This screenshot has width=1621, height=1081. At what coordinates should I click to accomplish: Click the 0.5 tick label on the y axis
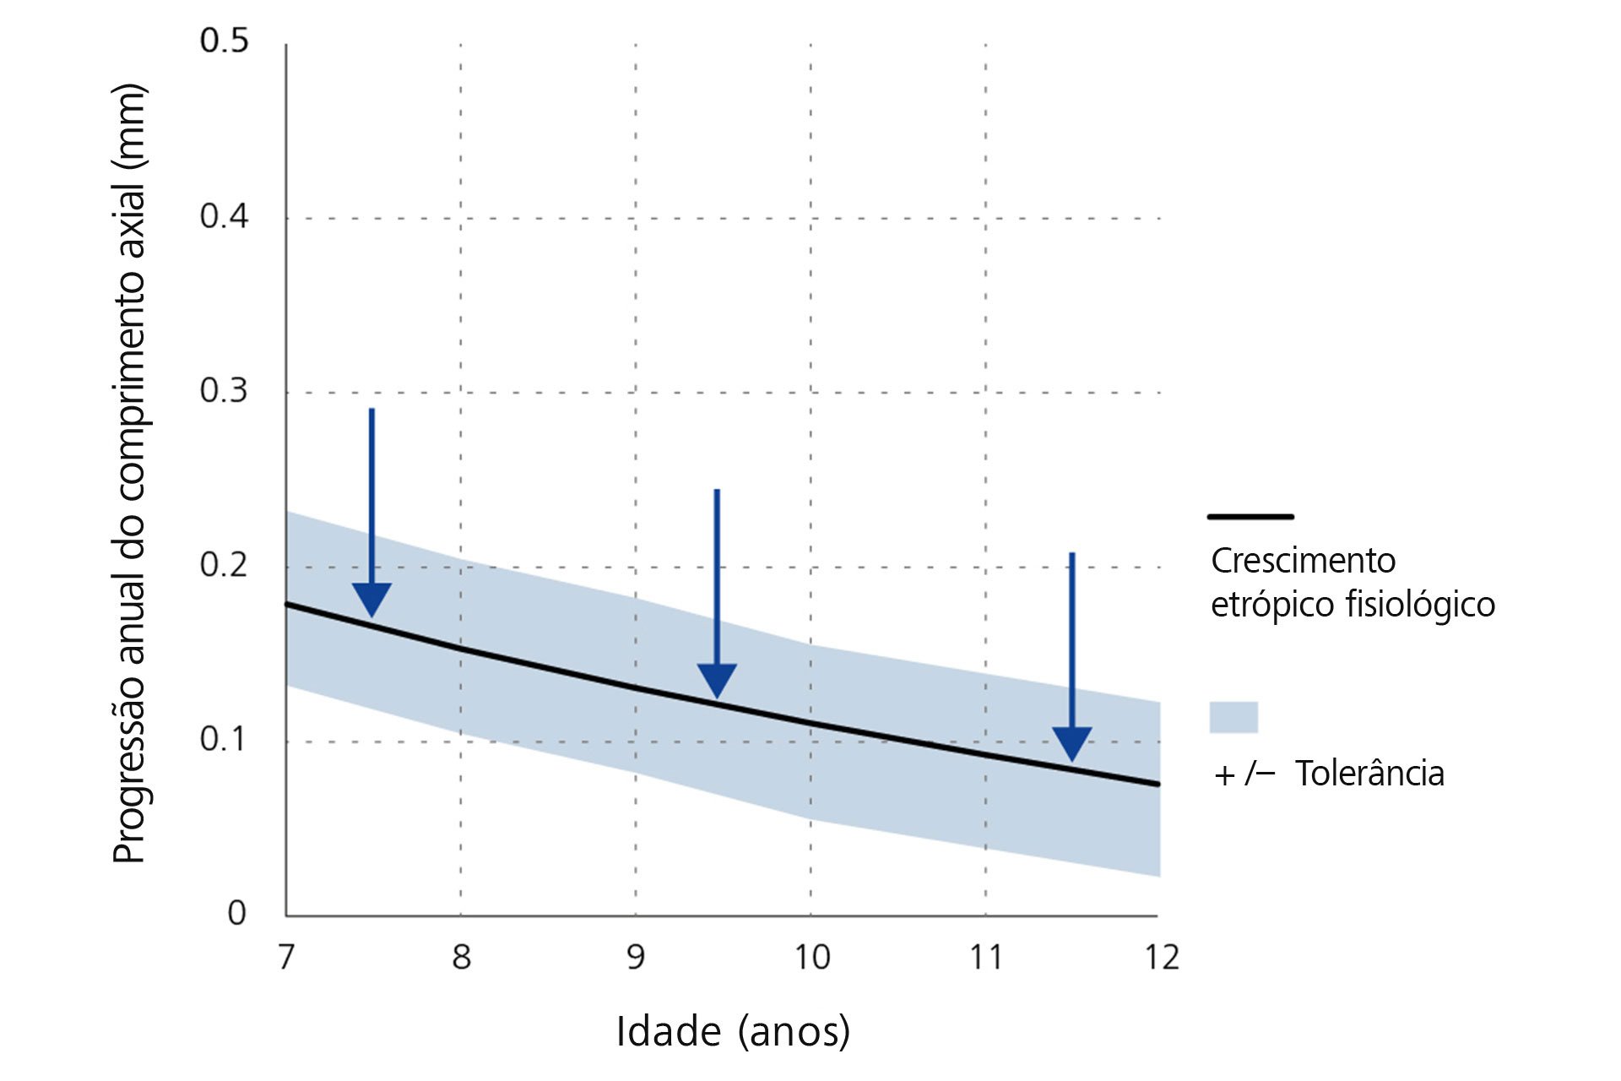coord(224,41)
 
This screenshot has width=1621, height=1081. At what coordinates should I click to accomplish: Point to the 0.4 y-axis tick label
coord(224,216)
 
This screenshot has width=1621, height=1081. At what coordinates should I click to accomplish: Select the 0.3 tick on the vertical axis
coord(224,390)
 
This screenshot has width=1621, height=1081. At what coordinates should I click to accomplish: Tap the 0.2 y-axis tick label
coord(224,564)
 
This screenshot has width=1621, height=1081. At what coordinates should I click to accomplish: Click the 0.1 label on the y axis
coord(224,739)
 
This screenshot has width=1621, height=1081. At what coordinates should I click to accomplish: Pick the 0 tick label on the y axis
coord(237,913)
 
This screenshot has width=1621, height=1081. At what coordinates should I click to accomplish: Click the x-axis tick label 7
coord(287,957)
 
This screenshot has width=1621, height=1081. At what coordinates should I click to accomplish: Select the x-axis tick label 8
coord(461,957)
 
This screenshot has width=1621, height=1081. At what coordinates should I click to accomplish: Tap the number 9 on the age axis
coord(636,957)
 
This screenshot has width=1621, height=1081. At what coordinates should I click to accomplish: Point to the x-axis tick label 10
coord(811,957)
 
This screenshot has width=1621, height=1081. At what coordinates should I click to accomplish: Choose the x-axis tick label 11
coord(985,957)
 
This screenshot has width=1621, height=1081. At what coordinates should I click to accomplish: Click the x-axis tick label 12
coord(1161,957)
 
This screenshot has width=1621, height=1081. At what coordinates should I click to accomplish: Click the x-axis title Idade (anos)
coord(733,1031)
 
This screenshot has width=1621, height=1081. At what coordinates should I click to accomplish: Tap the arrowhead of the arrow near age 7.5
coord(371,599)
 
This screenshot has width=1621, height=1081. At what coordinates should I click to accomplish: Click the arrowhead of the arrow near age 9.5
coord(717,680)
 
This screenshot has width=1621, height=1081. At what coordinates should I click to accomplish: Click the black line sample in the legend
coord(1250,516)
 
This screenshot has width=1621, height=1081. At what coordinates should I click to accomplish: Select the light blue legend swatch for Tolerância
coord(1233,717)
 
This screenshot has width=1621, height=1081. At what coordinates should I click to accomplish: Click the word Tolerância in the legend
coord(1369,774)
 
